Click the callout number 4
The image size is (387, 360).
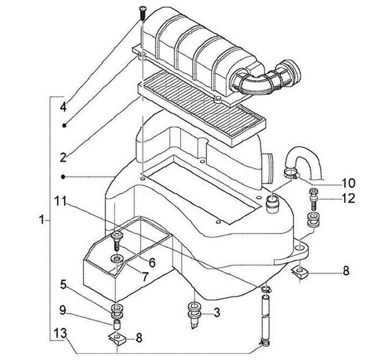tap(63, 107)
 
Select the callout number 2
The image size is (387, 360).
tap(63, 157)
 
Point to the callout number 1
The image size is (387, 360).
tap(42, 220)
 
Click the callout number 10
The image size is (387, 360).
tap(348, 183)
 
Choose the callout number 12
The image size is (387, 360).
tap(348, 198)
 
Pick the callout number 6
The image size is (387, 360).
tap(152, 263)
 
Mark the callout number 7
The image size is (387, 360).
tap(145, 277)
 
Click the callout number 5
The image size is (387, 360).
tap(63, 285)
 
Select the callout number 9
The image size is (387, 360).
tap(63, 310)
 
